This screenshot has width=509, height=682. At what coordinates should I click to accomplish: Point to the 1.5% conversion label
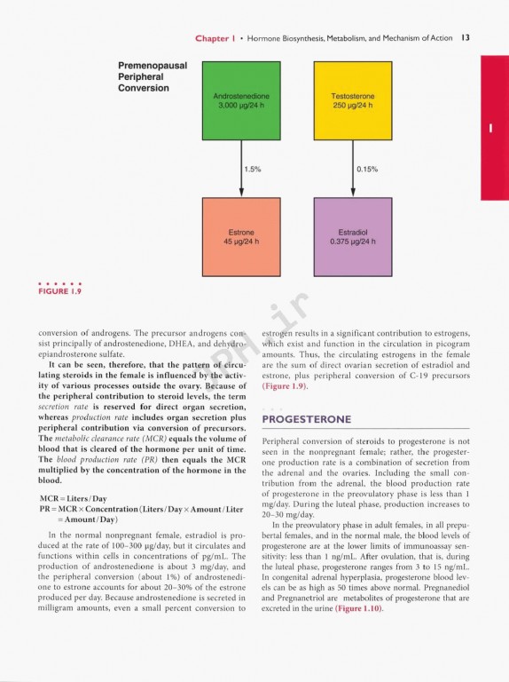(252, 168)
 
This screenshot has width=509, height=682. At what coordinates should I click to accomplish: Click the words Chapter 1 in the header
(218, 37)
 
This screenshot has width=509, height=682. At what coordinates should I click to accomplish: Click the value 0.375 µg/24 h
(353, 240)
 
